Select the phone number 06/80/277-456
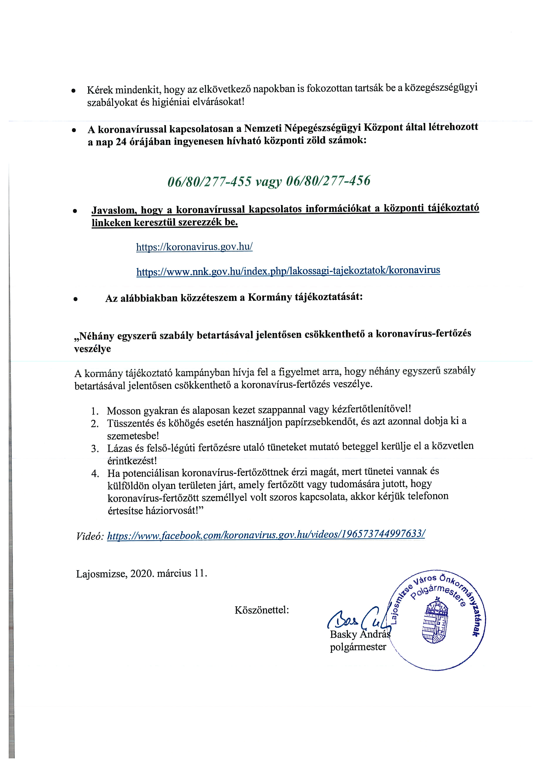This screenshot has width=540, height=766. (328, 181)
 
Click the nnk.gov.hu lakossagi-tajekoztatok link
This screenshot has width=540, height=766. (288, 271)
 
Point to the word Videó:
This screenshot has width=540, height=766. (90, 536)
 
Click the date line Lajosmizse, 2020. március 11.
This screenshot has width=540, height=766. (142, 573)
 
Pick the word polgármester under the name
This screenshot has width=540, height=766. (358, 647)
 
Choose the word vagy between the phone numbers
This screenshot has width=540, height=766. (268, 182)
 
